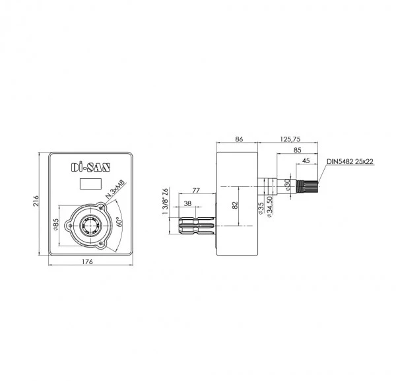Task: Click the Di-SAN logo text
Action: pos(90,167)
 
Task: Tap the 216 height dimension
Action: pos(36,201)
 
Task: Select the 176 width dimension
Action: pos(87,261)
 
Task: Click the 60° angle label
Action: pos(119,222)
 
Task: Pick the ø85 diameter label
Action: pos(56,225)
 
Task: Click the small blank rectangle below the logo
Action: pos(90,184)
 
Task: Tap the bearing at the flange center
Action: pos(90,225)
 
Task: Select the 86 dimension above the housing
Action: pos(239,139)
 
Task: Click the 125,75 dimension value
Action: pos(290,139)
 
